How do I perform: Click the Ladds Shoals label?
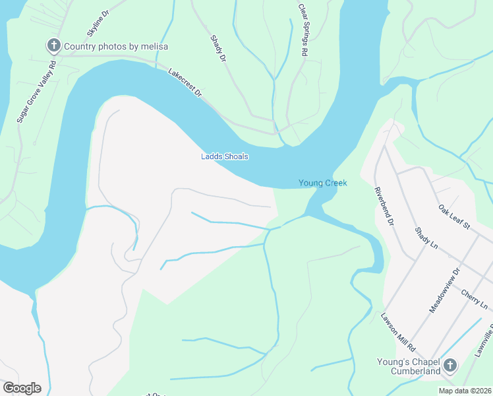tap(225, 156)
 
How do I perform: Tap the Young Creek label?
tap(322, 183)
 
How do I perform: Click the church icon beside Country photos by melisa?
tap(53, 46)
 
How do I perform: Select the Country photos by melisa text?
tap(115, 46)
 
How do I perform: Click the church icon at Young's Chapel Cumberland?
tap(450, 365)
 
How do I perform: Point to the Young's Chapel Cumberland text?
tap(408, 366)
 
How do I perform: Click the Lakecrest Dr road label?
tap(185, 82)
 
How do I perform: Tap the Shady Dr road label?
tap(218, 49)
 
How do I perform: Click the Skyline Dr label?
tap(97, 24)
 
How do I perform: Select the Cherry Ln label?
tap(475, 298)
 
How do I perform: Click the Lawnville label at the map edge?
tap(484, 344)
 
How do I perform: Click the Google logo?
tap(22, 388)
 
